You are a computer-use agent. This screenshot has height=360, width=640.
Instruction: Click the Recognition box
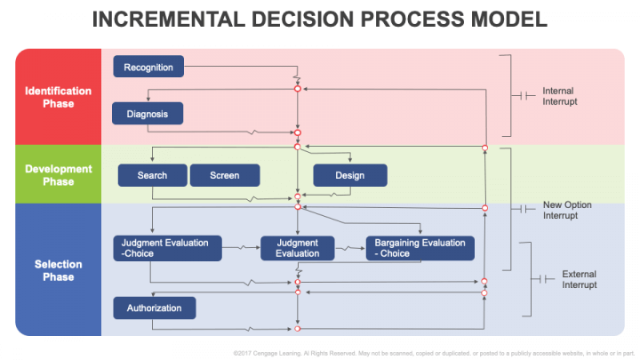[x=148, y=67]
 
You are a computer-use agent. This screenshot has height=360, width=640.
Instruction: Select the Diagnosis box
[x=148, y=114]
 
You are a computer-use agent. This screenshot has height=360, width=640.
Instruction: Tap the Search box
[x=152, y=175]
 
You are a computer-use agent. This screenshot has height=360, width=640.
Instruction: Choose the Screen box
[x=225, y=175]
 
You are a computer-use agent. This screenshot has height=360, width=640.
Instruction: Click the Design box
[x=349, y=175]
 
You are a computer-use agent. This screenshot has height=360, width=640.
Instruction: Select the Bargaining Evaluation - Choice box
[x=420, y=248]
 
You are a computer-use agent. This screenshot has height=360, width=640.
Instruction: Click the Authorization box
[x=154, y=308]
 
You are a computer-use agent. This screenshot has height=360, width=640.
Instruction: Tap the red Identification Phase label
[x=58, y=97]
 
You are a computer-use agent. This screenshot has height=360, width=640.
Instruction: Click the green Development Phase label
[x=58, y=175]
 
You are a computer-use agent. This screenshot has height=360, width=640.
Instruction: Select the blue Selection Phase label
[x=58, y=270]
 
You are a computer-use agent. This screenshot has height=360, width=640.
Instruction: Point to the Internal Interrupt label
[x=559, y=96]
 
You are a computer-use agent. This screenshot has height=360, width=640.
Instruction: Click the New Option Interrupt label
[x=566, y=210]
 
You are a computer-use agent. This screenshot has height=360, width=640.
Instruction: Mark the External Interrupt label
[x=579, y=279]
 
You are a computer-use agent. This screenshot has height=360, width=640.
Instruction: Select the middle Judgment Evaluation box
[x=297, y=248]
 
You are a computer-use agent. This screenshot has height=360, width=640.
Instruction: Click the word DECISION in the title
[x=298, y=20]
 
